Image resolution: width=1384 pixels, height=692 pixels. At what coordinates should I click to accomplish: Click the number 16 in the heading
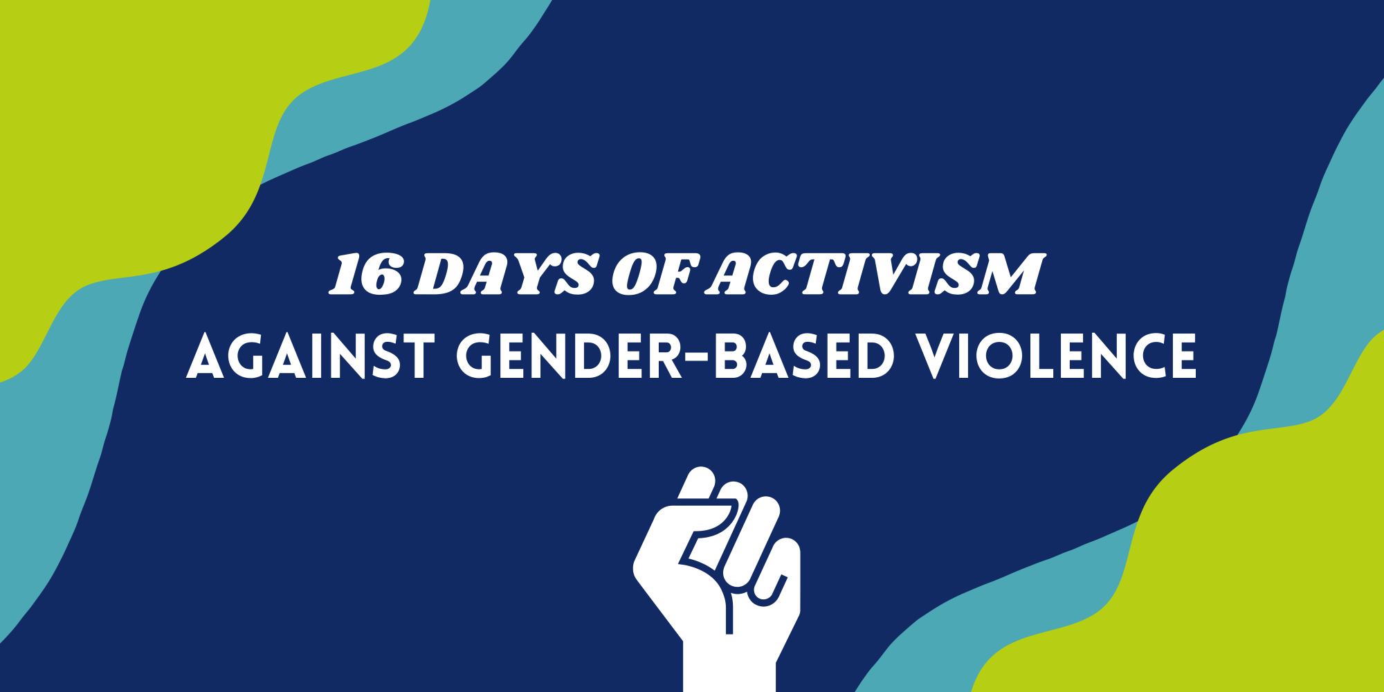pyautogui.click(x=365, y=275)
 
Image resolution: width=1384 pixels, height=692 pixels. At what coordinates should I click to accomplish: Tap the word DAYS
pyautogui.click(x=505, y=275)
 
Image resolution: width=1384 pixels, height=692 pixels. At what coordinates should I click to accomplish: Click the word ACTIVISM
pyautogui.click(x=877, y=275)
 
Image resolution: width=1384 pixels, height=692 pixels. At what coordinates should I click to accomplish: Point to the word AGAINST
pyautogui.click(x=311, y=356)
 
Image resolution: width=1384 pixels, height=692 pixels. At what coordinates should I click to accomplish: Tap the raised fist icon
pyautogui.click(x=717, y=579)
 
